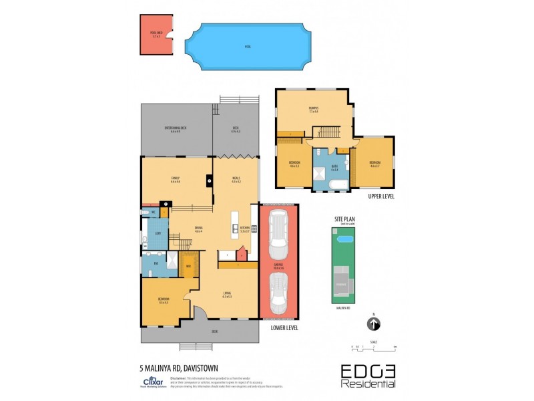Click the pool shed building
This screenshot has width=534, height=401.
pyautogui.click(x=156, y=35)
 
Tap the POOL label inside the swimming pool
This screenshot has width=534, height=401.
pyautogui.click(x=248, y=47)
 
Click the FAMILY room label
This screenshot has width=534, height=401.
pyautogui.click(x=176, y=178)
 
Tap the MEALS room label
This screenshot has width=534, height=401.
pyautogui.click(x=236, y=178)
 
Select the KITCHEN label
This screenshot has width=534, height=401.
pyautogui.click(x=244, y=228)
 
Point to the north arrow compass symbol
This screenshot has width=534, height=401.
pyautogui.click(x=374, y=324)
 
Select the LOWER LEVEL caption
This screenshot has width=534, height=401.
pyautogui.click(x=284, y=328)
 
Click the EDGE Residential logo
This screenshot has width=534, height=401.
pyautogui.click(x=368, y=376)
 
